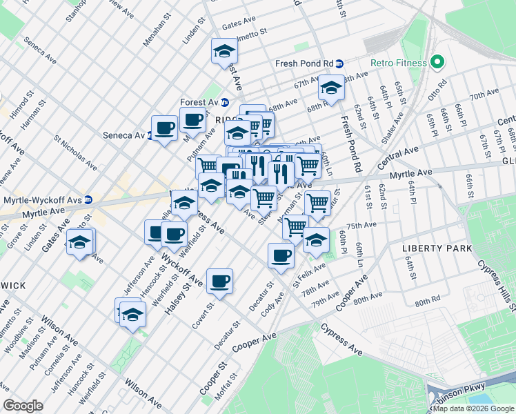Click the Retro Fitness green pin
[436, 63]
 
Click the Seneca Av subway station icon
[150, 135]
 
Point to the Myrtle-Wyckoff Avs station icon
[97, 201]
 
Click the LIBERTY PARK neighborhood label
[437, 248]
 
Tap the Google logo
[23, 406]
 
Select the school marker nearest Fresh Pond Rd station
[331, 88]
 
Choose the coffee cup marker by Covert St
[219, 281]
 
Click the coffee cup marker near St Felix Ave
[280, 256]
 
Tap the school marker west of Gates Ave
[80, 242]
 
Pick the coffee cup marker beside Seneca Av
[164, 128]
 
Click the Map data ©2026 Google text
[473, 408]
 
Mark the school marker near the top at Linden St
[224, 52]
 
